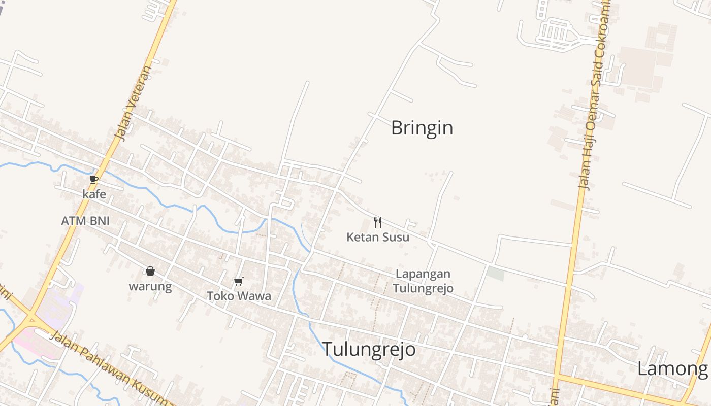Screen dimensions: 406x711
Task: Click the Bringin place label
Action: (x=422, y=128)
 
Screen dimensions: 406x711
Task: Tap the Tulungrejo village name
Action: (x=369, y=349)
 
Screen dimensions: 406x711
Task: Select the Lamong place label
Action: (x=672, y=369)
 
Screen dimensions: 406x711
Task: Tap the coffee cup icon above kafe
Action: (x=94, y=179)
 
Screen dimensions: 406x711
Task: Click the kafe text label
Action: (x=94, y=194)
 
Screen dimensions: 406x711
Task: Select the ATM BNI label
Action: (x=85, y=221)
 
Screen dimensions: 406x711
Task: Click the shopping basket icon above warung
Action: (x=150, y=271)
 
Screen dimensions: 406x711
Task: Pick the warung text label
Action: (x=150, y=286)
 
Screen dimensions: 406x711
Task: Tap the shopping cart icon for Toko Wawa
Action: (x=238, y=281)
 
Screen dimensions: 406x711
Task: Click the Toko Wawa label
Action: (x=239, y=296)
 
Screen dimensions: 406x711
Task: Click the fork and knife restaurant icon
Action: (x=377, y=222)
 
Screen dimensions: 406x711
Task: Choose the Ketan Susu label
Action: (x=378, y=237)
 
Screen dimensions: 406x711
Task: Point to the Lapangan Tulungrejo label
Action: (x=423, y=281)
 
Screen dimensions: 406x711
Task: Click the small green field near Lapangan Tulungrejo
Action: (x=495, y=274)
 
